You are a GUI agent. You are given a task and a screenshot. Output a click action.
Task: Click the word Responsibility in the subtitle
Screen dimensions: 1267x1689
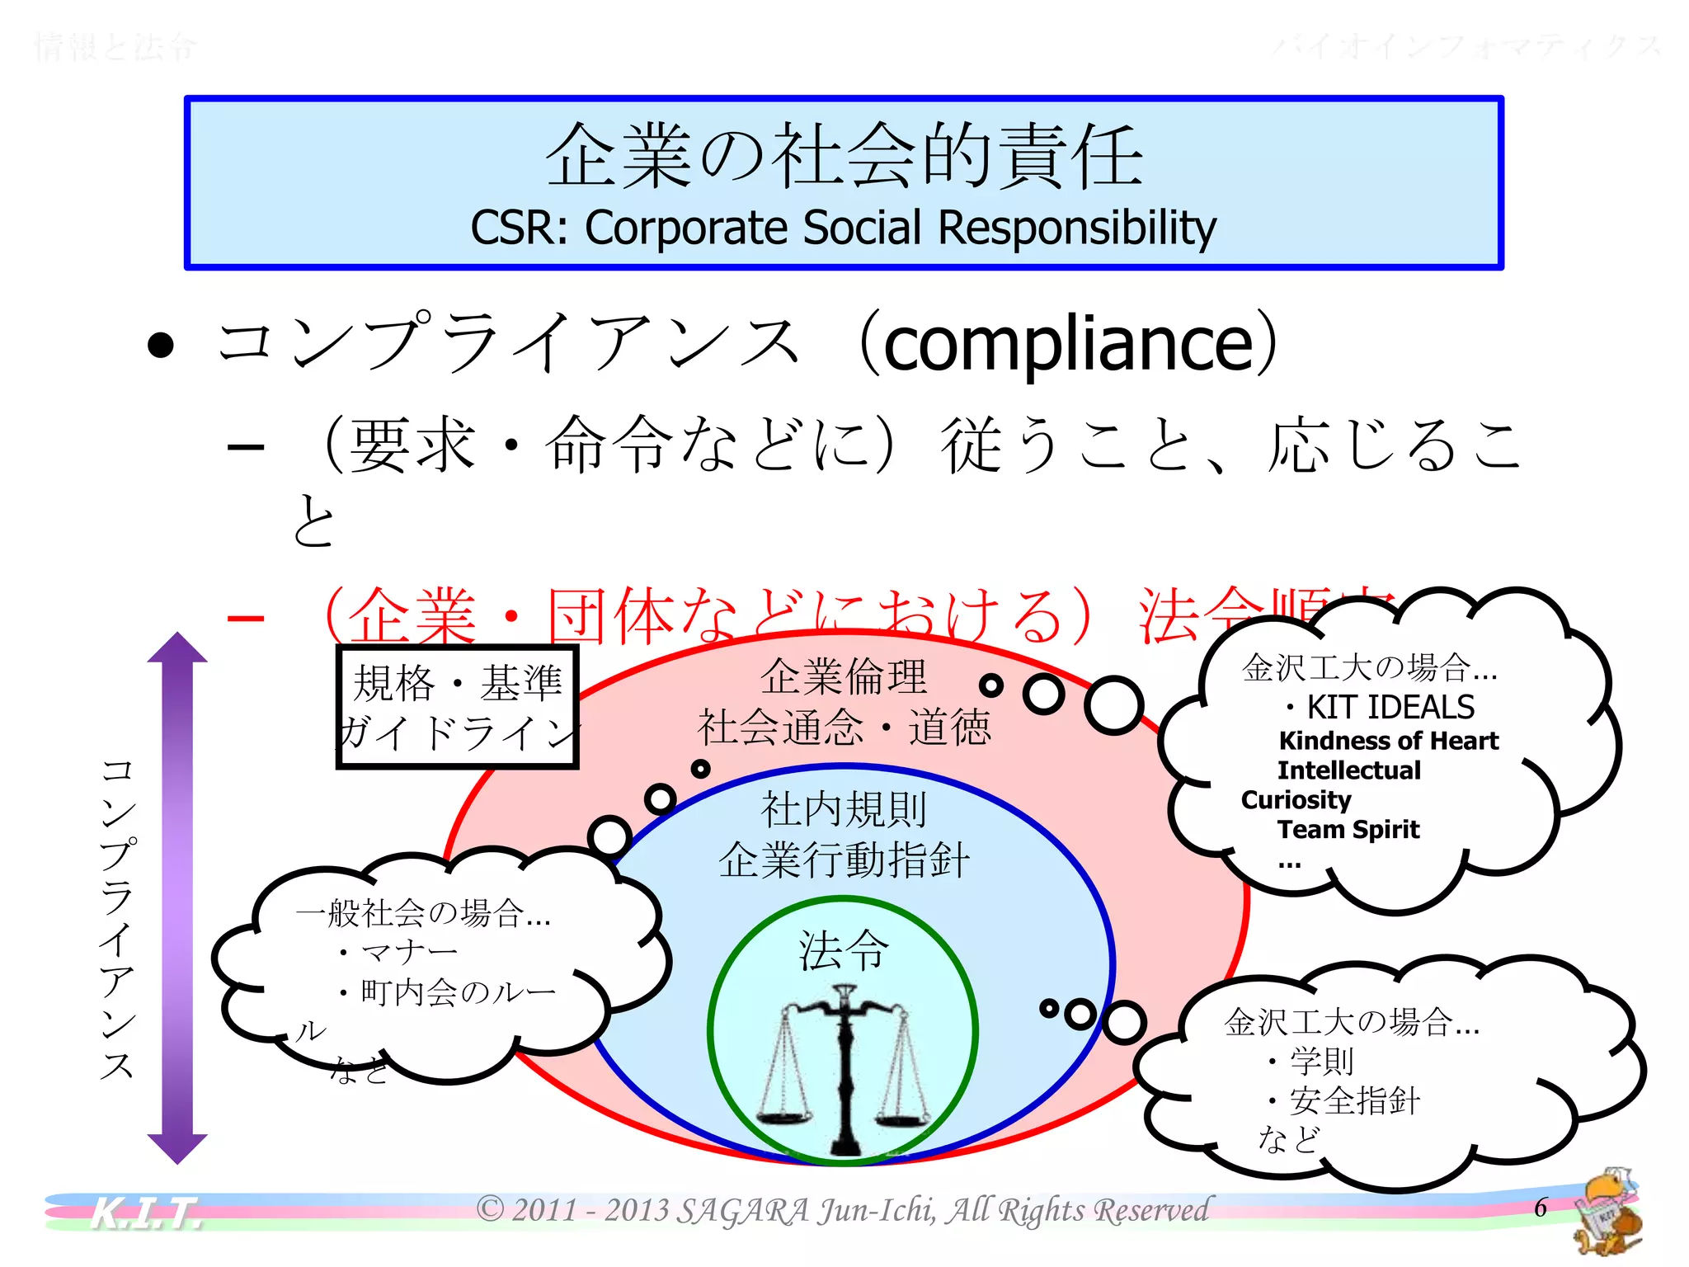pos(1077,228)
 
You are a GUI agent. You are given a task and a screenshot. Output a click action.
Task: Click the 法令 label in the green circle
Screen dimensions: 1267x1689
pos(844,950)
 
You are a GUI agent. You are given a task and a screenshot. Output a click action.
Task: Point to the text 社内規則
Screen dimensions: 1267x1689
pos(844,809)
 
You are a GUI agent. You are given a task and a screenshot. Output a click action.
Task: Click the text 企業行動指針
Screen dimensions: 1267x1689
pos(844,860)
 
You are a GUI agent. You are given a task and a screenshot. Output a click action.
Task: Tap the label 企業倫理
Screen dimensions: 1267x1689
pos(844,677)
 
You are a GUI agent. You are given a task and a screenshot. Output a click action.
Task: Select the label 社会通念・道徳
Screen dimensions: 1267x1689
pos(844,728)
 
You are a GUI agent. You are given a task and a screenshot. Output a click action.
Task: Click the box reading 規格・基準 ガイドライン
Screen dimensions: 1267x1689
pos(458,708)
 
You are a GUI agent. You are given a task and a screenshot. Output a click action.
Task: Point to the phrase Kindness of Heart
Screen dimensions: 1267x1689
pos(1388,741)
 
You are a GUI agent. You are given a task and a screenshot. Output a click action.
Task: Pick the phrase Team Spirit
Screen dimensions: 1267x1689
pos(1348,829)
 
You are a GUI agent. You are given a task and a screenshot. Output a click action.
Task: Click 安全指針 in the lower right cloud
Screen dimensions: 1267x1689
pos(1354,1101)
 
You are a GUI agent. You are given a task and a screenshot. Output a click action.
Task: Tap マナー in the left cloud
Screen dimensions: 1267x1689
pos(409,953)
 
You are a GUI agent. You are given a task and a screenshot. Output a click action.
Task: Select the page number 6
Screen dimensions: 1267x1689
pos(1540,1208)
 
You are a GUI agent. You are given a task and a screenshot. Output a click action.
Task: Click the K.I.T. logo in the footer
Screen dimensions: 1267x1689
pos(145,1213)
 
